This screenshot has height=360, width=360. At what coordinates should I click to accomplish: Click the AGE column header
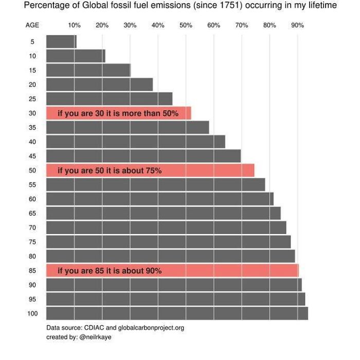(x=32, y=25)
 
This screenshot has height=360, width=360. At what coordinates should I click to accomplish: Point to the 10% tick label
(x=74, y=25)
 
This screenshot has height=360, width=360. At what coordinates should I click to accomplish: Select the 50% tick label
(x=186, y=25)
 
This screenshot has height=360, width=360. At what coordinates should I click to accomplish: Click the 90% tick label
(x=297, y=25)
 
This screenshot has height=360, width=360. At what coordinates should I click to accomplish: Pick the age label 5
(x=32, y=42)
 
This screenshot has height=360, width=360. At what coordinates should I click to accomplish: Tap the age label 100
(x=32, y=313)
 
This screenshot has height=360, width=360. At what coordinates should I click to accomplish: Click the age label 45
(x=32, y=156)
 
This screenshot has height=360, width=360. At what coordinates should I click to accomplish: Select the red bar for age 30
(x=118, y=113)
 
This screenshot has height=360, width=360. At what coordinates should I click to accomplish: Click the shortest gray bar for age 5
(x=61, y=42)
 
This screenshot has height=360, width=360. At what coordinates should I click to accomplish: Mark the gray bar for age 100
(x=177, y=313)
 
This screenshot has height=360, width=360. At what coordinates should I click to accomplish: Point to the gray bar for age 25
(x=109, y=99)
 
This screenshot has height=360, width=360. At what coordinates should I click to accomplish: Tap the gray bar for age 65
(x=163, y=213)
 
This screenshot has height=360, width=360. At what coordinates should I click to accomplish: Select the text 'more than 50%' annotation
(x=152, y=113)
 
